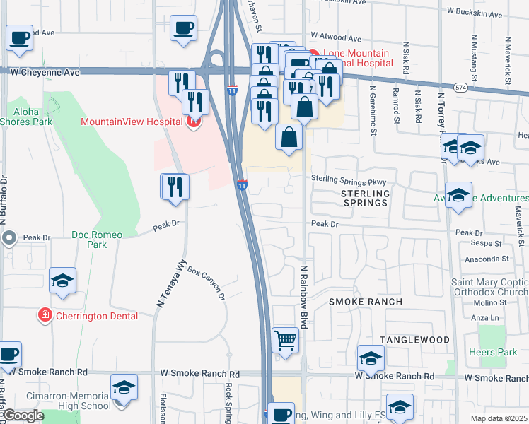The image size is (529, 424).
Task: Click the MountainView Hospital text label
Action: (132, 122)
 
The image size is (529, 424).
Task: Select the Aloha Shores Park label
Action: (25, 117)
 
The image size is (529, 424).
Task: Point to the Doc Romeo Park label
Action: (97, 240)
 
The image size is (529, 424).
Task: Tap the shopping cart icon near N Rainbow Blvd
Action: (285, 341)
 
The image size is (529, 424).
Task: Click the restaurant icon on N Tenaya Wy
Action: (175, 187)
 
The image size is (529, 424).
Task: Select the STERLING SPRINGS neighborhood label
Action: (365, 198)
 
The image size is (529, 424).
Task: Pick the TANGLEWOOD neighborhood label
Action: (414, 340)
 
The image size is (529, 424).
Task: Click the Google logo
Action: (23, 416)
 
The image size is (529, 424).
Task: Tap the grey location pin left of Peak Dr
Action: (9, 238)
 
